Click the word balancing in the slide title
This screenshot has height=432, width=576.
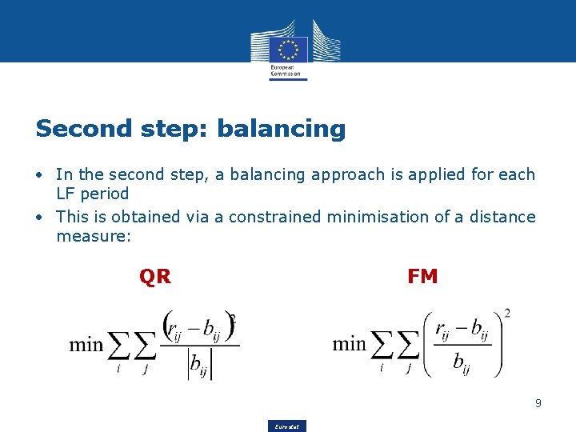click(x=281, y=128)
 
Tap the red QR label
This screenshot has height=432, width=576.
click(x=154, y=277)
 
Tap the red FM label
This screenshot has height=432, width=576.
click(x=422, y=277)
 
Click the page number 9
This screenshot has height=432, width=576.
click(x=538, y=403)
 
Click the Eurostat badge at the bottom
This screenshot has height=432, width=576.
click(x=288, y=426)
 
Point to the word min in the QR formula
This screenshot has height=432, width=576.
click(x=86, y=345)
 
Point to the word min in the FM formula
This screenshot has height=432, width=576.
click(x=350, y=345)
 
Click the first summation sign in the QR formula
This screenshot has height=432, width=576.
click(x=119, y=346)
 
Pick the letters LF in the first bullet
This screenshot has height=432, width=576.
click(x=65, y=194)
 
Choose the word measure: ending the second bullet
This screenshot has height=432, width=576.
click(x=94, y=236)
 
